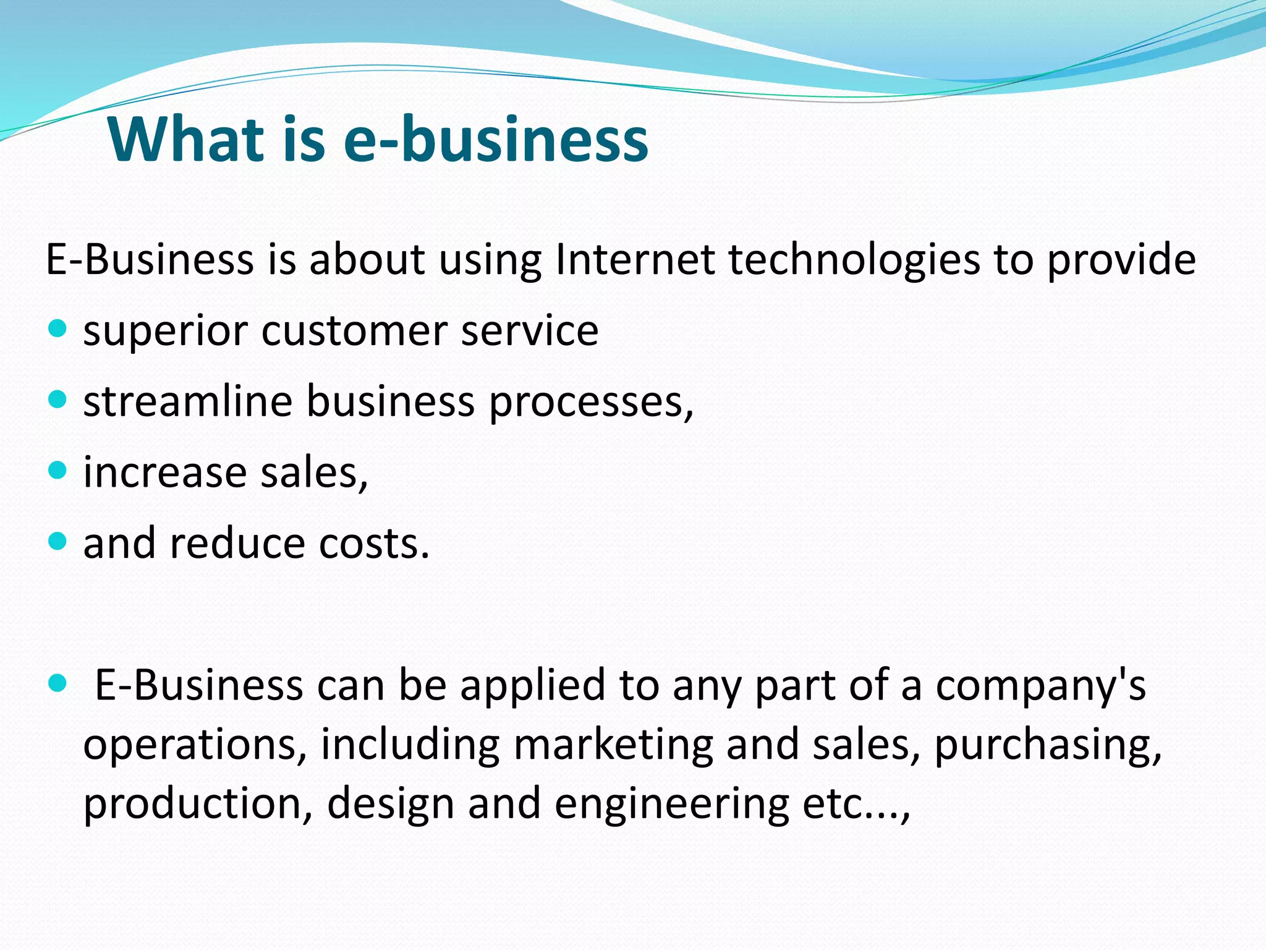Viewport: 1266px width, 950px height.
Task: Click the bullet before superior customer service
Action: pyautogui.click(x=57, y=328)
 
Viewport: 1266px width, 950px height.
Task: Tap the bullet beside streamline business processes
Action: pyautogui.click(x=57, y=400)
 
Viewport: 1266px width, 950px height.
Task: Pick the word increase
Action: pyautogui.click(x=165, y=473)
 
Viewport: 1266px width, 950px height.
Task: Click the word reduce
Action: pyautogui.click(x=237, y=544)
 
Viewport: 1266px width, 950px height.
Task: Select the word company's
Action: pyautogui.click(x=1041, y=687)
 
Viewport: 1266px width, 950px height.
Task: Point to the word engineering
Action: pyautogui.click(x=672, y=805)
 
